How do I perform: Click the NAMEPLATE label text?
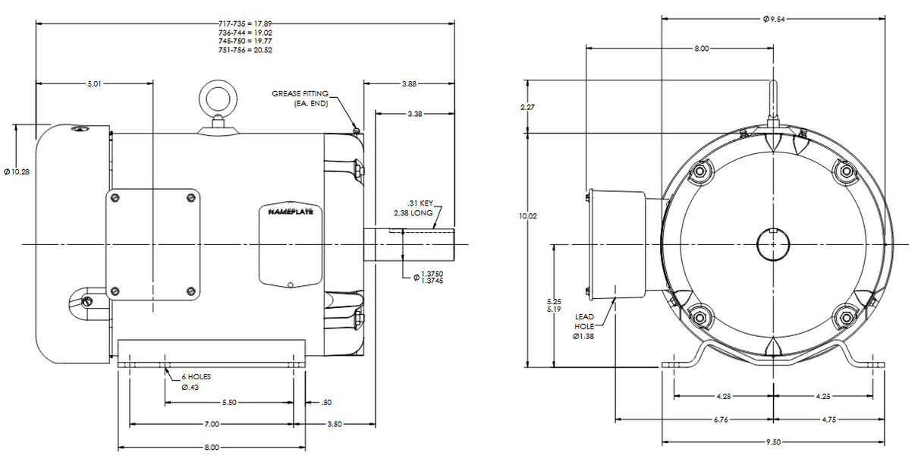[x=291, y=212]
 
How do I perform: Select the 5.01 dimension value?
[x=94, y=84]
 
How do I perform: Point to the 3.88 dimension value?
[x=409, y=84]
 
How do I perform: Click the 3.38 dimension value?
[x=415, y=114]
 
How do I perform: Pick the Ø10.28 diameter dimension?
[x=17, y=171]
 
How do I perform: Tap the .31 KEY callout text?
[x=420, y=203]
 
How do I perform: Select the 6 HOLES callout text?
[x=196, y=377]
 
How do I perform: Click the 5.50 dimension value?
[x=229, y=402]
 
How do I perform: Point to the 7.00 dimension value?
[x=212, y=424]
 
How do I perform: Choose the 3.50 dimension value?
[x=335, y=424]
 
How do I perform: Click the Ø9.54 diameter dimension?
[x=774, y=19]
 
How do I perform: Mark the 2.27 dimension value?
[x=527, y=107]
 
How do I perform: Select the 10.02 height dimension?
[x=528, y=215]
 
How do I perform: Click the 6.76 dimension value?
[x=721, y=420]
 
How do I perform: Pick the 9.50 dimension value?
[x=773, y=442]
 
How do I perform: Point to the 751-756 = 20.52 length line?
[x=246, y=50]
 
